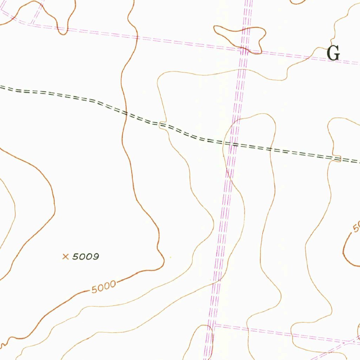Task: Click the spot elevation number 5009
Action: point(85,257)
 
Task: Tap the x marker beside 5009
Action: point(65,257)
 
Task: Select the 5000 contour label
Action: point(103,287)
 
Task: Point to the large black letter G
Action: point(333,53)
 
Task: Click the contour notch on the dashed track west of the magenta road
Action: point(163,125)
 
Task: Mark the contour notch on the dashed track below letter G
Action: point(337,159)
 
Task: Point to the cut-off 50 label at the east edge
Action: point(356,227)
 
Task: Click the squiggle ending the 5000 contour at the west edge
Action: point(4,343)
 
